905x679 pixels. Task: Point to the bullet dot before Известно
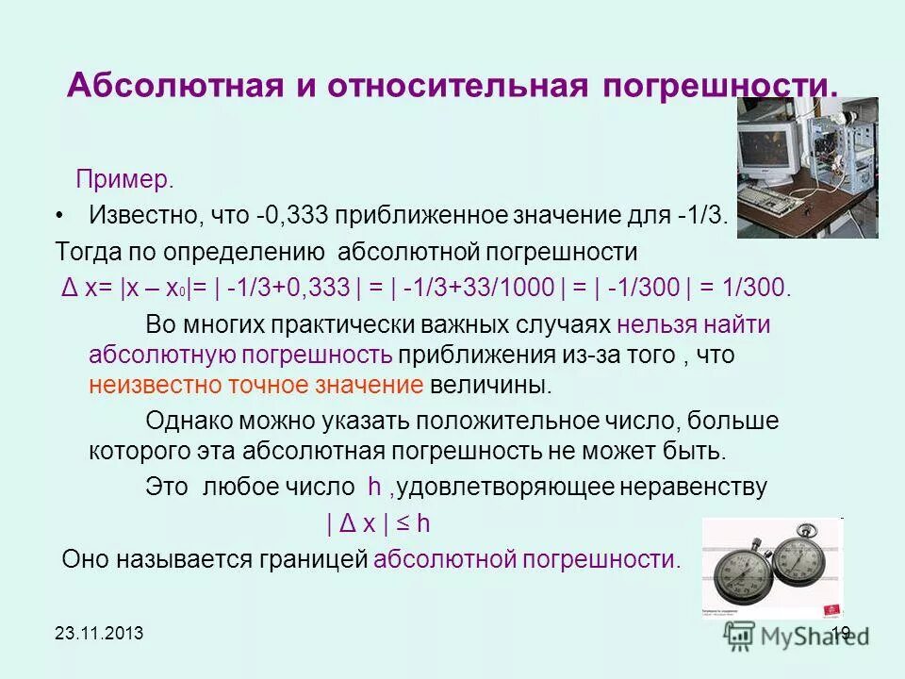pyautogui.click(x=60, y=216)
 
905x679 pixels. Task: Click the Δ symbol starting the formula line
pyautogui.click(x=67, y=288)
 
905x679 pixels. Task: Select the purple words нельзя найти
pyautogui.click(x=694, y=324)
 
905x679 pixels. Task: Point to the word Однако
pyautogui.click(x=183, y=420)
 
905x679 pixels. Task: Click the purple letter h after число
pyautogui.click(x=374, y=487)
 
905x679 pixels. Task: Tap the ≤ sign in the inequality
pyautogui.click(x=401, y=523)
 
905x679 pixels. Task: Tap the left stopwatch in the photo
pyautogui.click(x=746, y=571)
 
